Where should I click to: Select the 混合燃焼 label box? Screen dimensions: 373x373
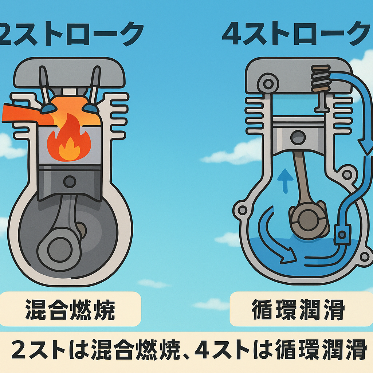coord(70,309)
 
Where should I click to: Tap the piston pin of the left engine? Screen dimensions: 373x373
coord(70,181)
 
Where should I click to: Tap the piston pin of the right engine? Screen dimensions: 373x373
coord(298,137)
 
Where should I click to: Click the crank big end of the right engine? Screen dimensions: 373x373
coord(308,219)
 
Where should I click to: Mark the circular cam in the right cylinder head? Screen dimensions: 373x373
coord(268,83)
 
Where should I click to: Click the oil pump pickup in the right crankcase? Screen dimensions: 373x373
coord(342,235)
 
